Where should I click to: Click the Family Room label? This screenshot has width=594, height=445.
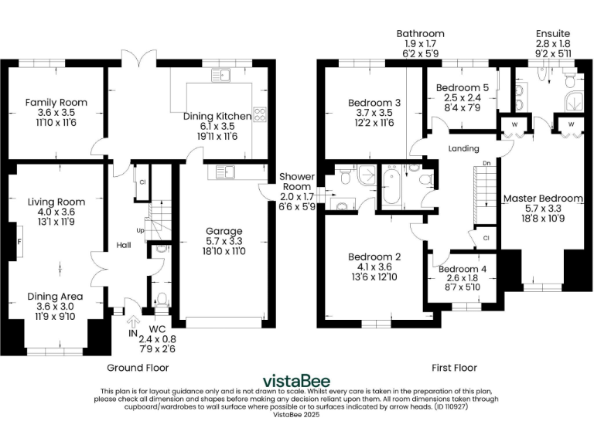tap(56, 102)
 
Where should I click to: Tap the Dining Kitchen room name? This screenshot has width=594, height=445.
tap(217, 116)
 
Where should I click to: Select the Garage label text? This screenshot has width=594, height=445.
tap(224, 231)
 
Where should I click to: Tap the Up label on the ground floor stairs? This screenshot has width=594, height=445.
tap(140, 230)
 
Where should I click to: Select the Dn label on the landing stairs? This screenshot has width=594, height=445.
tap(486, 164)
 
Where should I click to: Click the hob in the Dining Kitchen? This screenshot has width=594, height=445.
tap(259, 115)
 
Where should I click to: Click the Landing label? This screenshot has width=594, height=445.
tap(463, 148)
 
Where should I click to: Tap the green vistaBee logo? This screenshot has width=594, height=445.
tap(296, 380)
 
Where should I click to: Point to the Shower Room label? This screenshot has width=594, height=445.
tap(297, 177)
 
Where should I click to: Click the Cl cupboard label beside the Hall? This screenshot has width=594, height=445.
tap(143, 182)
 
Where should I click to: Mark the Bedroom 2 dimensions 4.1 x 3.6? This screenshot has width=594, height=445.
tap(376, 267)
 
